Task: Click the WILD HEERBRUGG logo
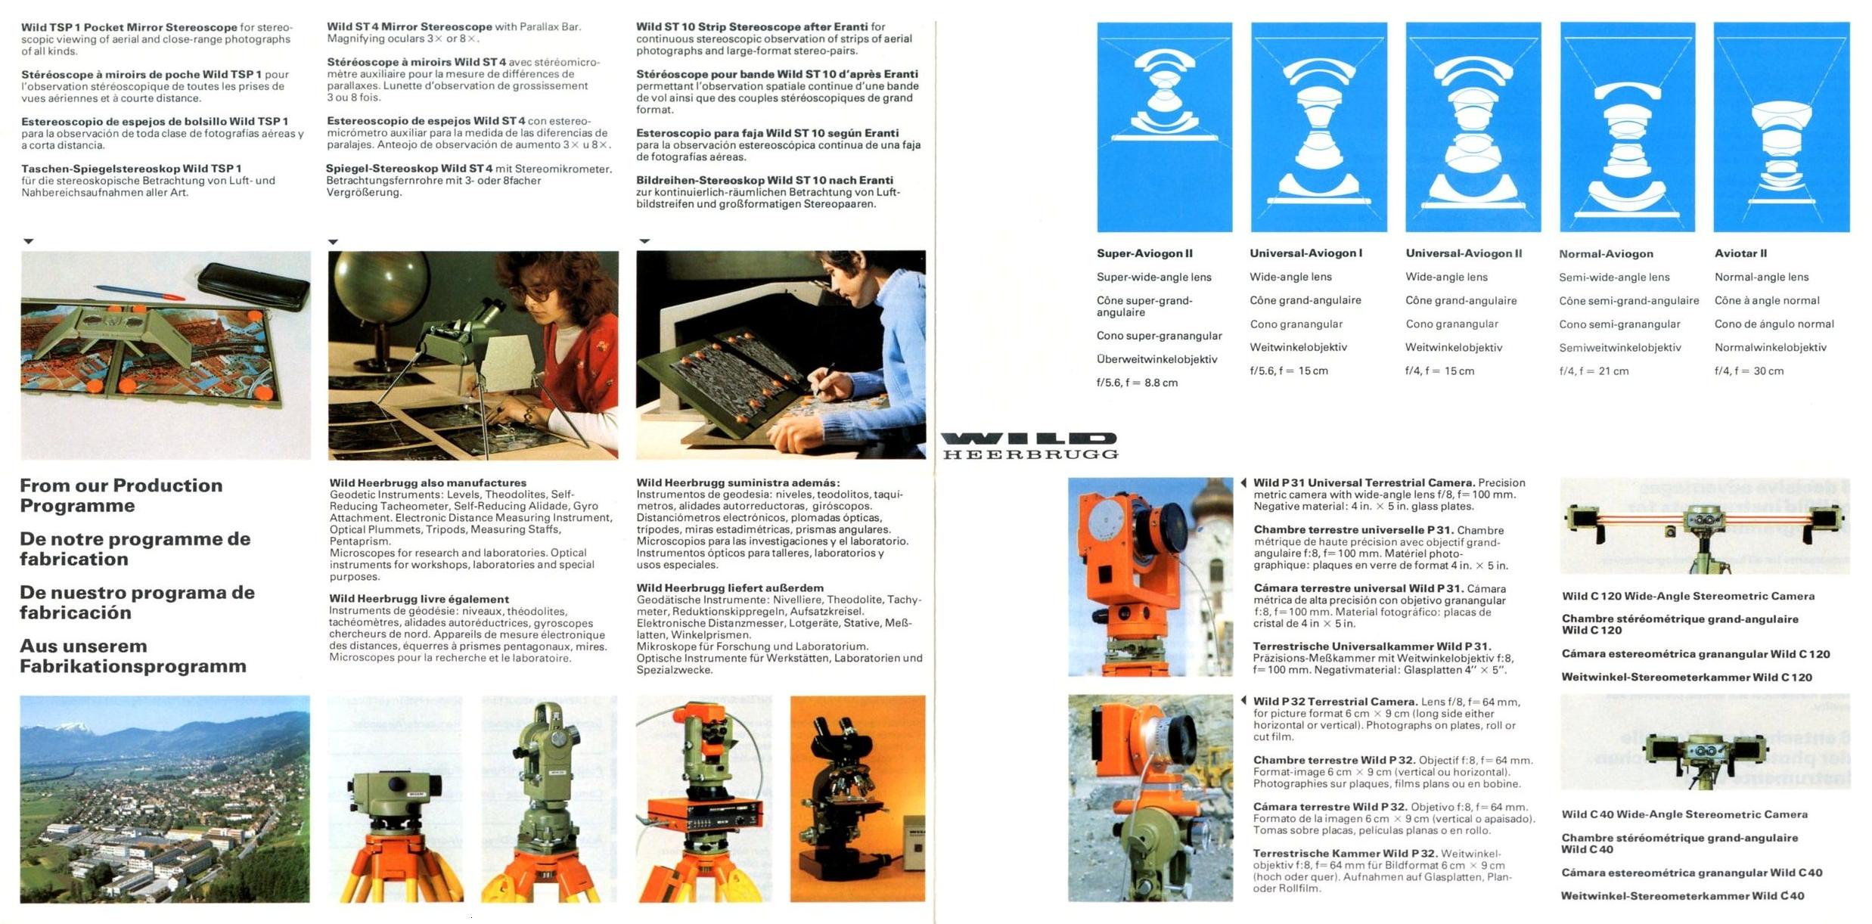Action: [x=1029, y=446]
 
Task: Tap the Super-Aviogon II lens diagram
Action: [x=1164, y=127]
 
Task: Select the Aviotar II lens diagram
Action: [x=1781, y=127]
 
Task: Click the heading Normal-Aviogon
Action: [x=1606, y=254]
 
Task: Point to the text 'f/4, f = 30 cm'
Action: [x=1749, y=371]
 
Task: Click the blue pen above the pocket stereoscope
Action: [x=140, y=292]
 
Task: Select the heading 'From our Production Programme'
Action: [x=121, y=495]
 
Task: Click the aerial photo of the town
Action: [x=165, y=798]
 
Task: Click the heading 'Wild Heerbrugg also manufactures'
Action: [x=428, y=482]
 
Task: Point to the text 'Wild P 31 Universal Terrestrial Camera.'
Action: [x=1364, y=482]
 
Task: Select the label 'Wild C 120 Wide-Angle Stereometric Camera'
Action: [x=1688, y=596]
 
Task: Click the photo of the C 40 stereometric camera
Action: [x=1705, y=742]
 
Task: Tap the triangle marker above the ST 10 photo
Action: [x=644, y=241]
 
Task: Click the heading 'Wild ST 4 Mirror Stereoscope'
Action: [x=409, y=26]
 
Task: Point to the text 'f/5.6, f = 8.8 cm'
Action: [x=1137, y=383]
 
